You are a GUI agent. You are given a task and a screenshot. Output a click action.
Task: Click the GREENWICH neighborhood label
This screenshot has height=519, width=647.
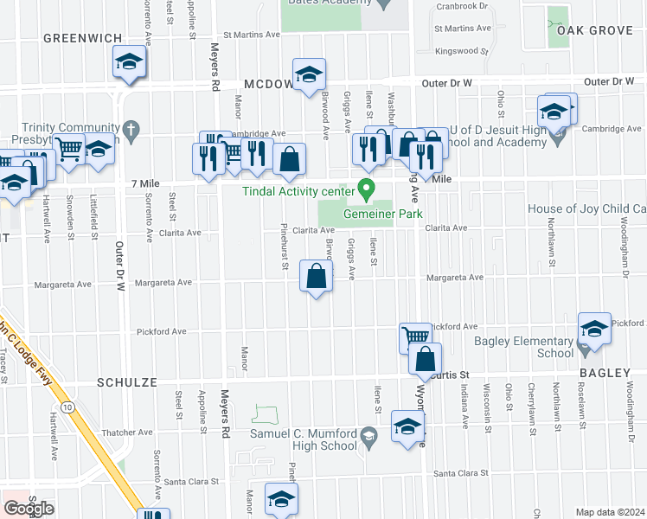point(82,37)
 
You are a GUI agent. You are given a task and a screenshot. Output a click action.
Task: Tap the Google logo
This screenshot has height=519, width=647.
point(29,508)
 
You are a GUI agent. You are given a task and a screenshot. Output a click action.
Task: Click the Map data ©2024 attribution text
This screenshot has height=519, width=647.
point(609,512)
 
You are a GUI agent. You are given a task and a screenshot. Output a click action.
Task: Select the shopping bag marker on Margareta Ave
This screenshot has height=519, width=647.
point(317,277)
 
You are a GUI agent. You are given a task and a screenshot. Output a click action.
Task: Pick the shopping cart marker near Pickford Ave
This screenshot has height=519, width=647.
point(415,336)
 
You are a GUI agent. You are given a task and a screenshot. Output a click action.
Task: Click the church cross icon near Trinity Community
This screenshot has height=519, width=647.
point(131,131)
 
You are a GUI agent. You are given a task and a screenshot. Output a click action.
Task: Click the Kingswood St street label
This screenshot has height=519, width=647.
point(462,51)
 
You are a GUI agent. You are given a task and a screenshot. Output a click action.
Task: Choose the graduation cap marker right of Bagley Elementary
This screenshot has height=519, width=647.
point(594,328)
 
